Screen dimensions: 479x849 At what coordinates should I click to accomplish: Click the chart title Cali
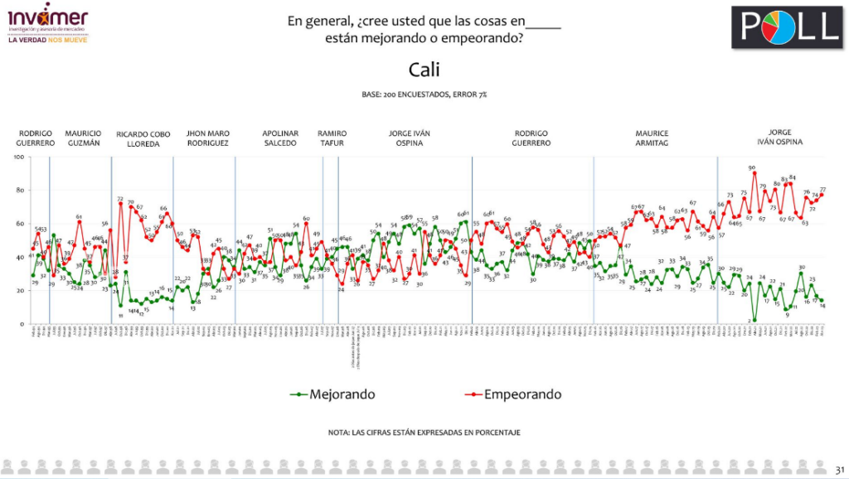pos(424,69)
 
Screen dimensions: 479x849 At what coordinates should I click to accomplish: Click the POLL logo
pos(786,27)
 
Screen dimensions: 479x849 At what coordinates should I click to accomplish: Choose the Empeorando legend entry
pos(521,394)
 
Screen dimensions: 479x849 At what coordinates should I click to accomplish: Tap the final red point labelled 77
pos(822,195)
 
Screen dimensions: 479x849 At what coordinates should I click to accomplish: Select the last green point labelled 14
pos(822,300)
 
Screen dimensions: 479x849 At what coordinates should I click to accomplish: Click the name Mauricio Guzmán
pos(83,138)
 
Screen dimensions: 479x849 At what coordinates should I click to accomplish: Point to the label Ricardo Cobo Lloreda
pos(143,138)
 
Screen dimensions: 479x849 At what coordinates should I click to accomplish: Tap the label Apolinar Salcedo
pos(280,138)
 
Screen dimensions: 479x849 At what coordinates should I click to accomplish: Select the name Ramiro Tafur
pos(332,138)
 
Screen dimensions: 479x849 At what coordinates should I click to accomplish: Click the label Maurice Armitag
pos(652,138)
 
